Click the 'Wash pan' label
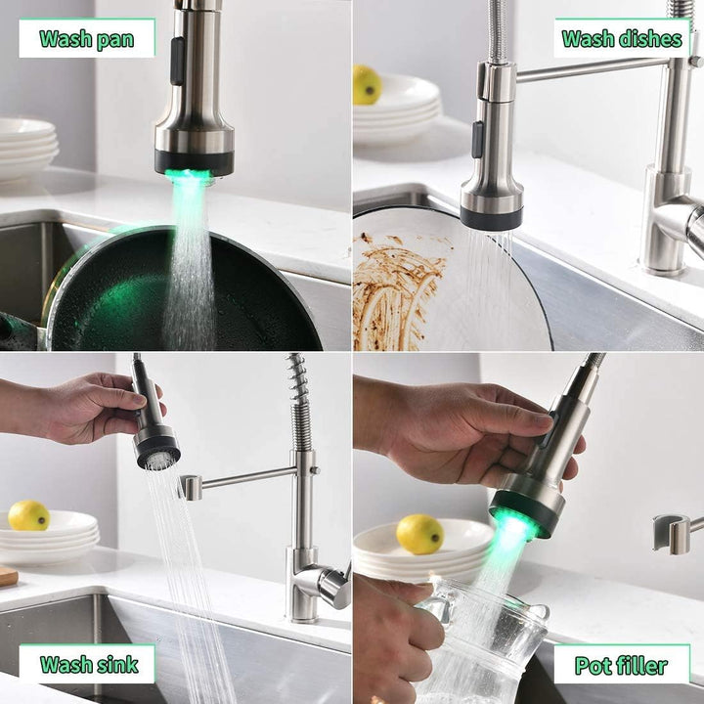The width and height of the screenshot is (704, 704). click(x=87, y=39)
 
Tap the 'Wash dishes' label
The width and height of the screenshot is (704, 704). click(x=622, y=39)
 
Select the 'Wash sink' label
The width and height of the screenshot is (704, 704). click(x=87, y=665)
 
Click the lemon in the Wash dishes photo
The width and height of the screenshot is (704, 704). click(x=367, y=84)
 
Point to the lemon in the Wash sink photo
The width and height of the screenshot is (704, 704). click(x=28, y=515)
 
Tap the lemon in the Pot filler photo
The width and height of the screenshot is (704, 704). click(x=419, y=534)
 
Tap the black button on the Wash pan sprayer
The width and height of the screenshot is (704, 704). click(x=177, y=61)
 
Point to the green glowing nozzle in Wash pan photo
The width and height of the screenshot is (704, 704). click(x=192, y=176)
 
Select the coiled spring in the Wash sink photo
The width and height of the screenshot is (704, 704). click(x=298, y=401)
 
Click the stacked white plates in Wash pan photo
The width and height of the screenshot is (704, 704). click(x=27, y=147)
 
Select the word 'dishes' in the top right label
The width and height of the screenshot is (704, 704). click(x=650, y=39)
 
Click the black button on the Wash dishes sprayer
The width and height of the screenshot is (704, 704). click(x=478, y=139)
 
